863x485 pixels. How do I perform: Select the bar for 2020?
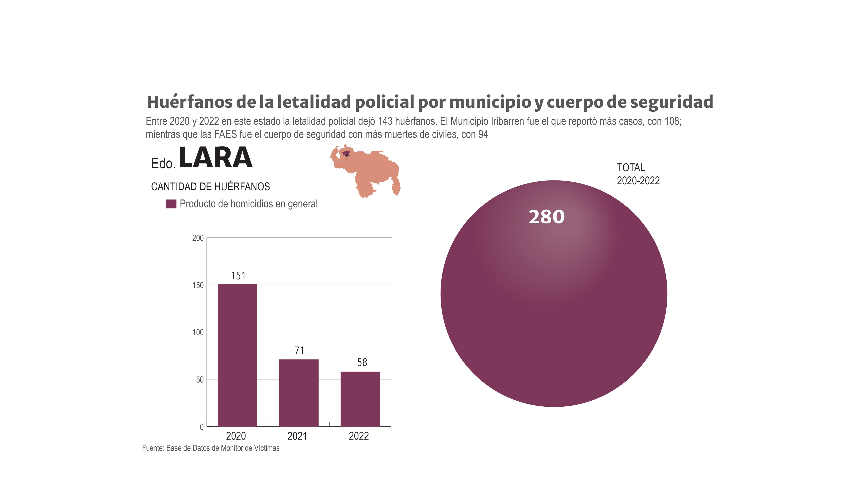tap(237, 355)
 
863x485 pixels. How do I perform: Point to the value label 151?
tap(238, 276)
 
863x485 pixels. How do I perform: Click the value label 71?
tap(299, 351)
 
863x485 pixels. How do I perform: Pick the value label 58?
tap(362, 362)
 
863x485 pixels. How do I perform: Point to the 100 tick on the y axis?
tap(198, 333)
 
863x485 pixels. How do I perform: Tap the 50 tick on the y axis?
tap(200, 380)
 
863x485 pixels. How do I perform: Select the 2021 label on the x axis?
tap(297, 436)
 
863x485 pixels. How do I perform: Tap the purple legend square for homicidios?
tap(171, 204)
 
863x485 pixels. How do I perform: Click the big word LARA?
tap(215, 158)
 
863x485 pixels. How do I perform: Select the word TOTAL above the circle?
tap(630, 167)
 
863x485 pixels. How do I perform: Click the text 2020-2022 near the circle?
tap(638, 181)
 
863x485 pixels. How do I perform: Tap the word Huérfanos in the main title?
tap(189, 102)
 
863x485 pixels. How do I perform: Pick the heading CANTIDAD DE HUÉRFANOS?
tap(210, 187)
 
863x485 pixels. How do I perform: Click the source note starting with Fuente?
tap(210, 448)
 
